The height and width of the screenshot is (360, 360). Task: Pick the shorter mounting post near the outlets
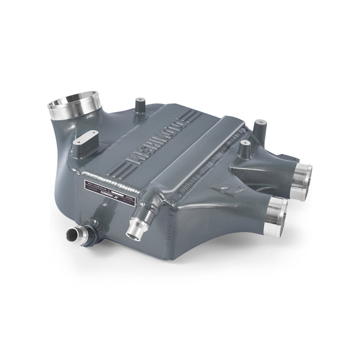245,148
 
